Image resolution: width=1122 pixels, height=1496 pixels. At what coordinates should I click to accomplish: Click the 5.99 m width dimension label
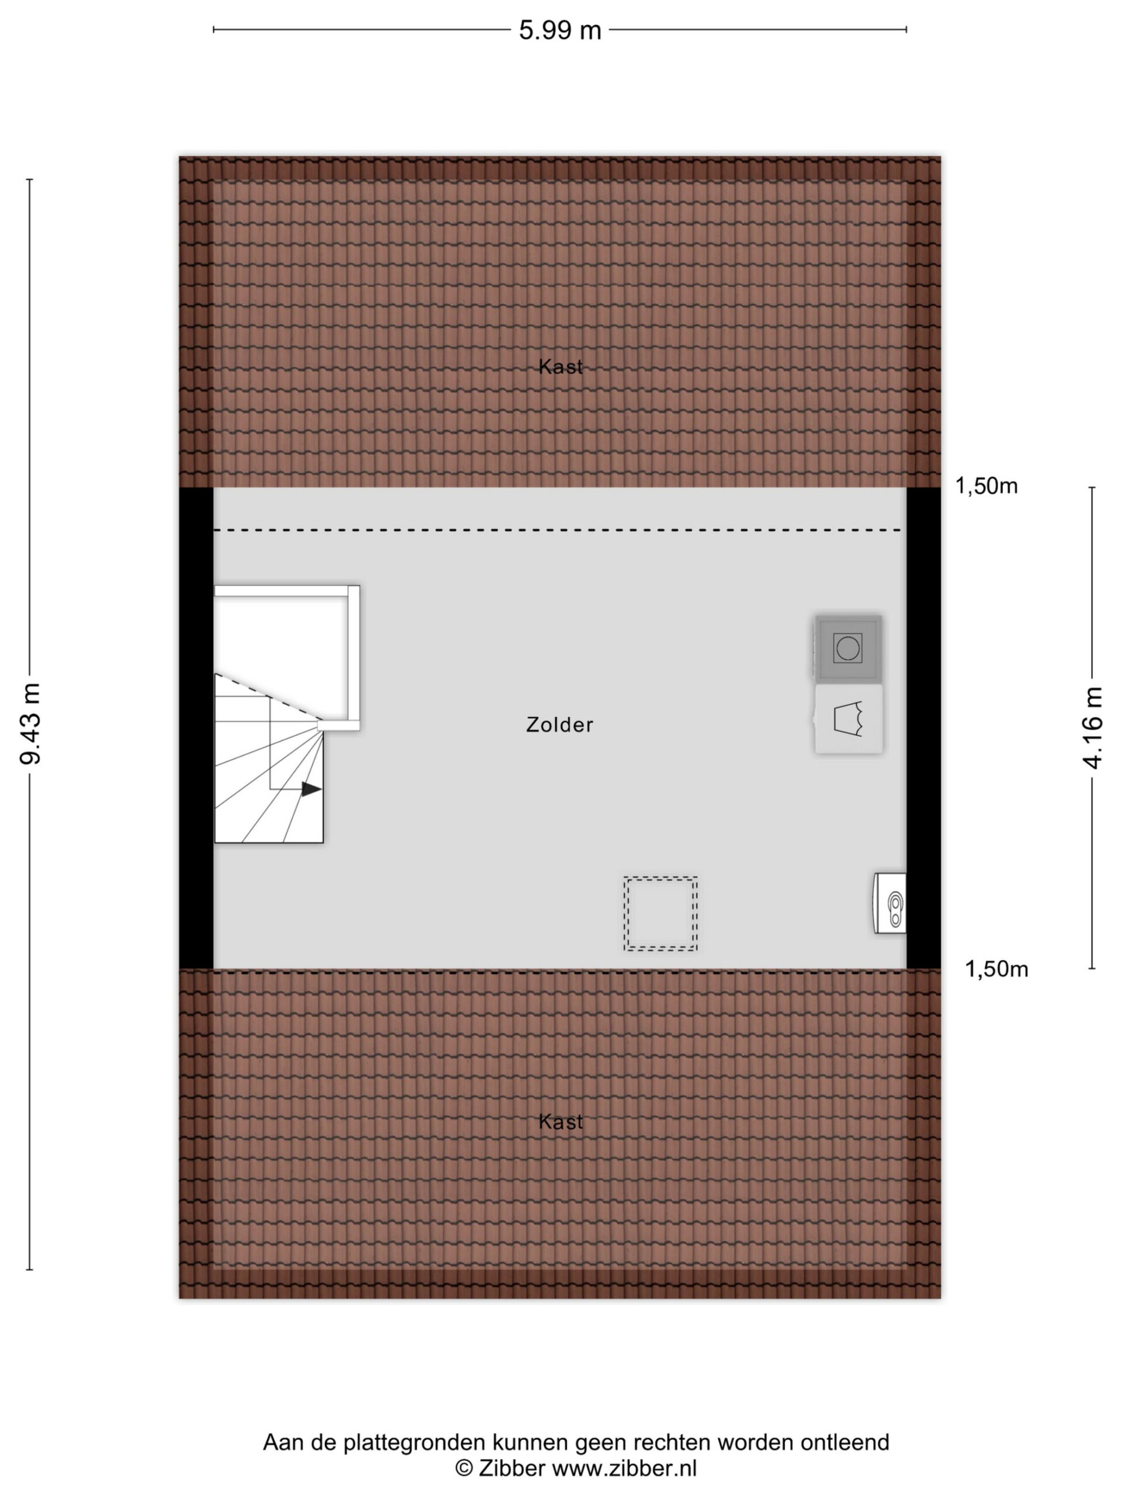coord(560,30)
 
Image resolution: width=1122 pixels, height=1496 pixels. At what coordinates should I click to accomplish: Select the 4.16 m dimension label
coord(1092,728)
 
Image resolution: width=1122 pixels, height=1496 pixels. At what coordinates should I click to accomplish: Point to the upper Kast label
coord(560,366)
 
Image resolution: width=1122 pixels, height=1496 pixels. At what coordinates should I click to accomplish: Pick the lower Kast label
coord(560,1121)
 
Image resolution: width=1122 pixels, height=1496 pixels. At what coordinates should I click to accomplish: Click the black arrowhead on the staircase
coord(311,788)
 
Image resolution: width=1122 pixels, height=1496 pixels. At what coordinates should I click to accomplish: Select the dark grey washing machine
coord(848,648)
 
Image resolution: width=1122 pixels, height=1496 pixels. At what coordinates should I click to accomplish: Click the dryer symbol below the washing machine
coord(848,718)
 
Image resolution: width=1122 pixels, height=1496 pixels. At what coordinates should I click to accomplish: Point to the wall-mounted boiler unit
coord(889,903)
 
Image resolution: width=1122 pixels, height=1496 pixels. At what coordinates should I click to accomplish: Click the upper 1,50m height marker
coord(986,486)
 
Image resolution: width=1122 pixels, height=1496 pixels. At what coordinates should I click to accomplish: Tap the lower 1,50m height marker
coord(996,969)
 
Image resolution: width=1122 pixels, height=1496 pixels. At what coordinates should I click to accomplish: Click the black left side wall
coord(196,728)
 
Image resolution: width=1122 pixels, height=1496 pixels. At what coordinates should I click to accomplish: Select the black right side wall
coord(923,728)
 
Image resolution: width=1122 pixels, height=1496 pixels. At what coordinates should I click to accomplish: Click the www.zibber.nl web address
coord(624,1469)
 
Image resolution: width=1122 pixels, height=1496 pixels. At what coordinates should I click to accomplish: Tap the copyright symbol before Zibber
coord(464,1469)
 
